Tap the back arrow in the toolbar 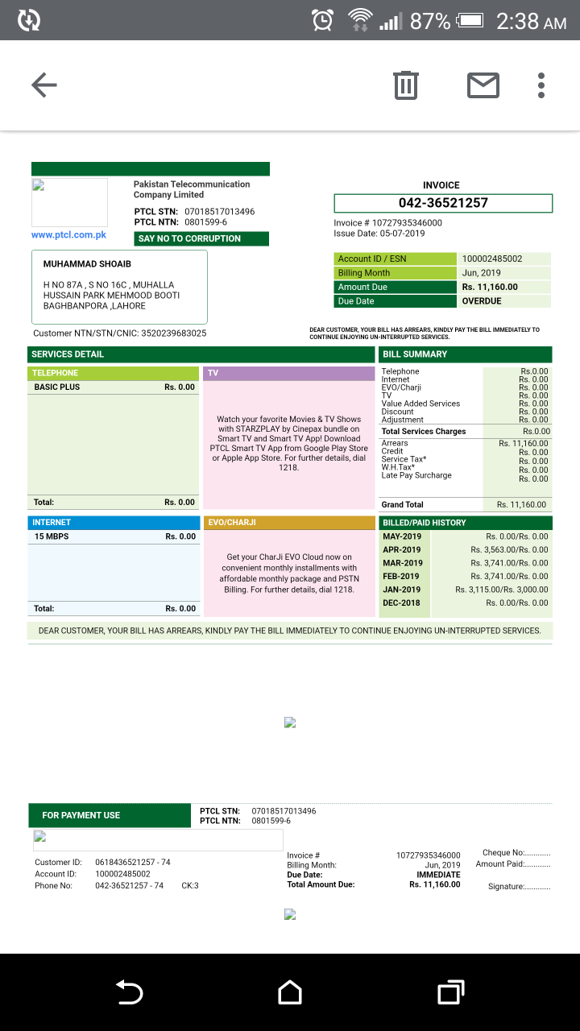coord(43,85)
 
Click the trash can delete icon coord(406,85)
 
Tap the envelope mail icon coord(483,85)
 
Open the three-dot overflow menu coord(541,85)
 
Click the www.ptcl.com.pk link coord(69,235)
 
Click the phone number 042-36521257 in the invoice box coord(443,203)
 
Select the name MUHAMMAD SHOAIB coord(87,264)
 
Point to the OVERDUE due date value coord(482,301)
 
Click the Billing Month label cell coord(364,273)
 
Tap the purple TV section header coord(289,374)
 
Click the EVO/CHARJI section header coord(289,523)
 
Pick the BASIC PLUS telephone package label coord(57,387)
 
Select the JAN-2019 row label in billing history coord(402,590)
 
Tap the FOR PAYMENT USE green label coord(81,815)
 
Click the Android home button coord(290,992)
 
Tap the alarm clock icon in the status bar coord(323,20)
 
